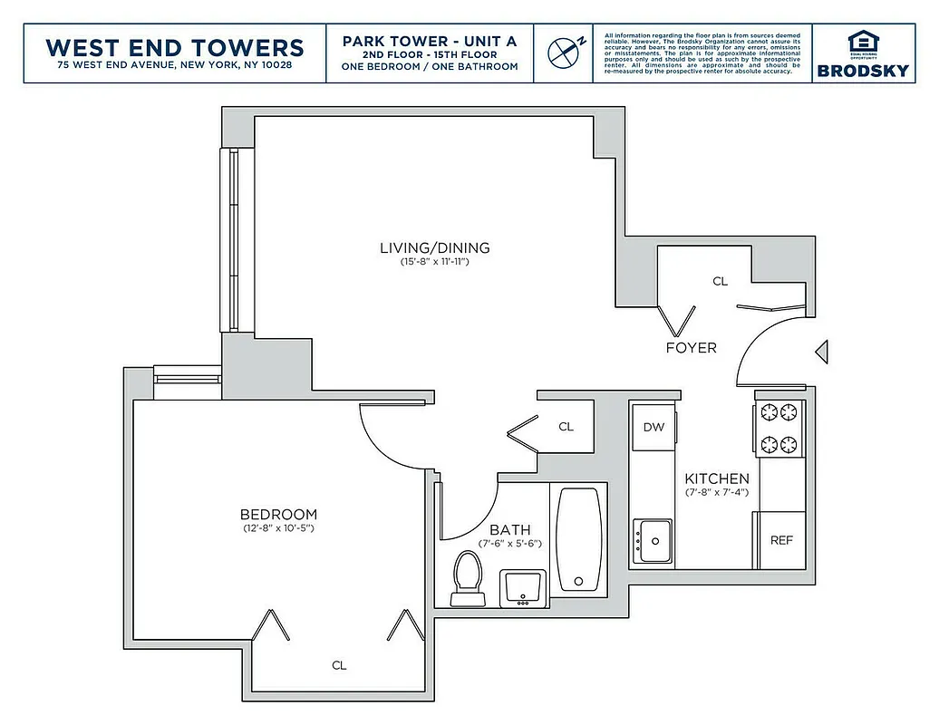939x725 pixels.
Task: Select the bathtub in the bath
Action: pos(578,540)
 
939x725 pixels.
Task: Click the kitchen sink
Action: pos(653,540)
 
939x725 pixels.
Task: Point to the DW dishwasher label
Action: pos(653,428)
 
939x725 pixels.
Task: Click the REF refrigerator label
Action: pos(780,540)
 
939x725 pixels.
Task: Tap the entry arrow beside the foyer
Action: pos(821,351)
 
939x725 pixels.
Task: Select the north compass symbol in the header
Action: pos(564,53)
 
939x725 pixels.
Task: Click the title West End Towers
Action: pos(175,47)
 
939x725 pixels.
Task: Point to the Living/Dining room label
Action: pos(434,247)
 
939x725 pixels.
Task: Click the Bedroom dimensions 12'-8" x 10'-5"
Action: pos(279,528)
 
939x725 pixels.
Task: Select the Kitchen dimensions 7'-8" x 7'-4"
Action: pos(716,493)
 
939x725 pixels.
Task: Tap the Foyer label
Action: pos(691,348)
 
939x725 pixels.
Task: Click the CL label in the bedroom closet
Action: pos(339,665)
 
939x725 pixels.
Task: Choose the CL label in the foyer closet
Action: pos(720,282)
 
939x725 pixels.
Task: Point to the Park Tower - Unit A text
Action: pos(430,42)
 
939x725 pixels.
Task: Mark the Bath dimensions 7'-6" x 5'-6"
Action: pos(509,544)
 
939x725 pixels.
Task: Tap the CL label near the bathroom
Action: pos(566,427)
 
